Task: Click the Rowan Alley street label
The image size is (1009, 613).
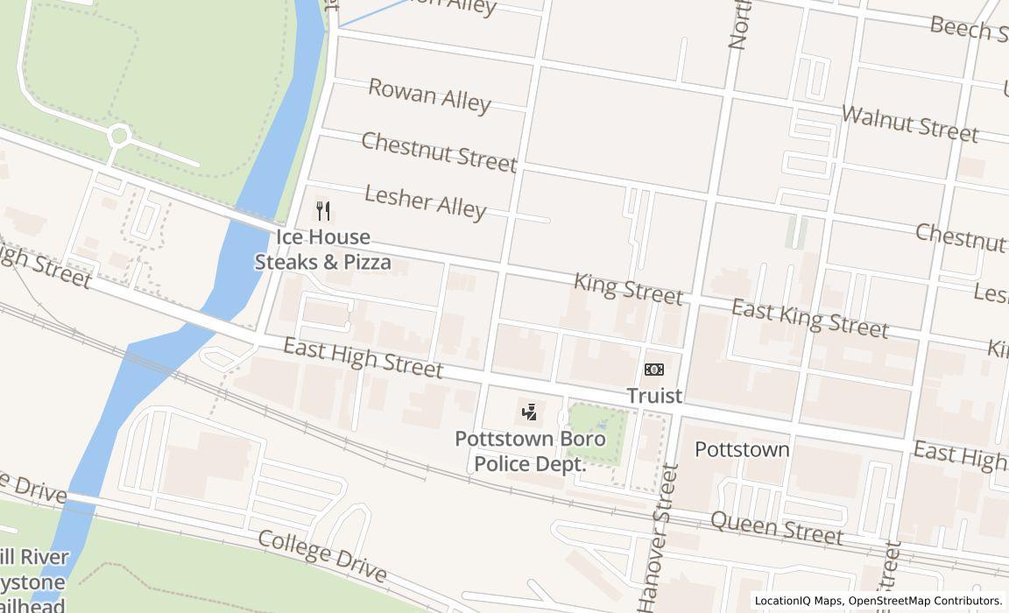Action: point(429,95)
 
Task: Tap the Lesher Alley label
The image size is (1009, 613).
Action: point(425,201)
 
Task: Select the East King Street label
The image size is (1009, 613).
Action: point(810,318)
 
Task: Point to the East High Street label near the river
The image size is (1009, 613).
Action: point(363,358)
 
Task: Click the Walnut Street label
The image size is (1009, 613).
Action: point(909,123)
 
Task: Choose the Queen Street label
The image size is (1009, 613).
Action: point(776,527)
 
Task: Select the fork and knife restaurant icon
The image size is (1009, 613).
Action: point(323,211)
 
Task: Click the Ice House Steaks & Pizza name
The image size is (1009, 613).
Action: point(323,250)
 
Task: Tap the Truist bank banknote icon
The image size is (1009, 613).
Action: point(654,370)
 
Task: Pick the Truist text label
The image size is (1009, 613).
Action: point(654,396)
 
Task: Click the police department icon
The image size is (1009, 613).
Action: point(529,412)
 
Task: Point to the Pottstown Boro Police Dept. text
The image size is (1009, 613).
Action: point(520,451)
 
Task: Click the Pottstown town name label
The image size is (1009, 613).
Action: point(742,449)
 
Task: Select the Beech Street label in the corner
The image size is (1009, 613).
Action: point(968,29)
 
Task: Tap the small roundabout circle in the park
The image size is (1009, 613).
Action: point(119,136)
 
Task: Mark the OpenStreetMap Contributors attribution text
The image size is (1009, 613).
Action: point(925,601)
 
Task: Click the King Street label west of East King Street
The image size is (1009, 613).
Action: point(628,288)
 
